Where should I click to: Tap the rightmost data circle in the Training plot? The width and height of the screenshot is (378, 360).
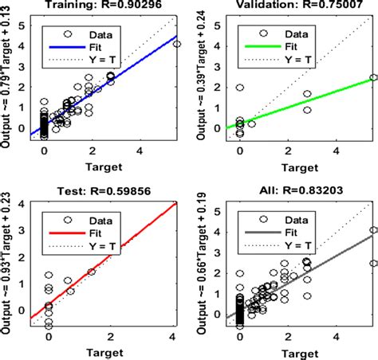pyautogui.click(x=177, y=44)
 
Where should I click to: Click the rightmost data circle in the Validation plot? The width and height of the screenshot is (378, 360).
pyautogui.click(x=372, y=77)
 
